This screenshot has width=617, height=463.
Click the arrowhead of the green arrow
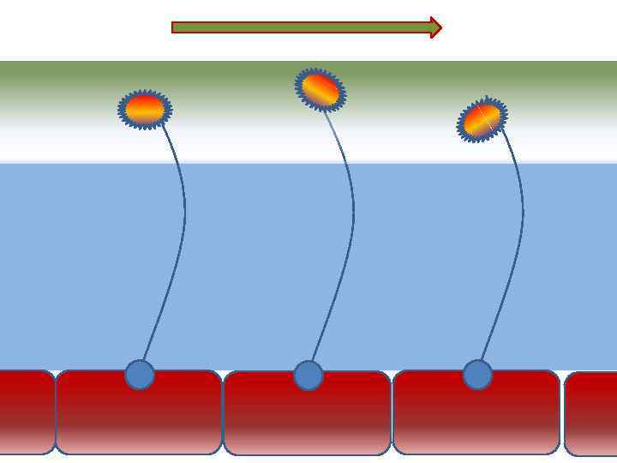[x=435, y=27]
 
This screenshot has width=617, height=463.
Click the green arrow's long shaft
[x=300, y=27]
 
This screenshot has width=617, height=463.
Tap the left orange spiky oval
[x=145, y=109]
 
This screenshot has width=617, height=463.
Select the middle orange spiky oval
[x=320, y=89]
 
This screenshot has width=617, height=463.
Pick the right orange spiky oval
[x=482, y=120]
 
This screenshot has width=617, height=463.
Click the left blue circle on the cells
[x=140, y=375]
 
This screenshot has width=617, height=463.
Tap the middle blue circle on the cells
[x=308, y=376]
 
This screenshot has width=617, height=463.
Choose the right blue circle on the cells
[x=477, y=375]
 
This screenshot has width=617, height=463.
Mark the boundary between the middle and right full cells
[x=392, y=412]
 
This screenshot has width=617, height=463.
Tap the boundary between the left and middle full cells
[x=223, y=412]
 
